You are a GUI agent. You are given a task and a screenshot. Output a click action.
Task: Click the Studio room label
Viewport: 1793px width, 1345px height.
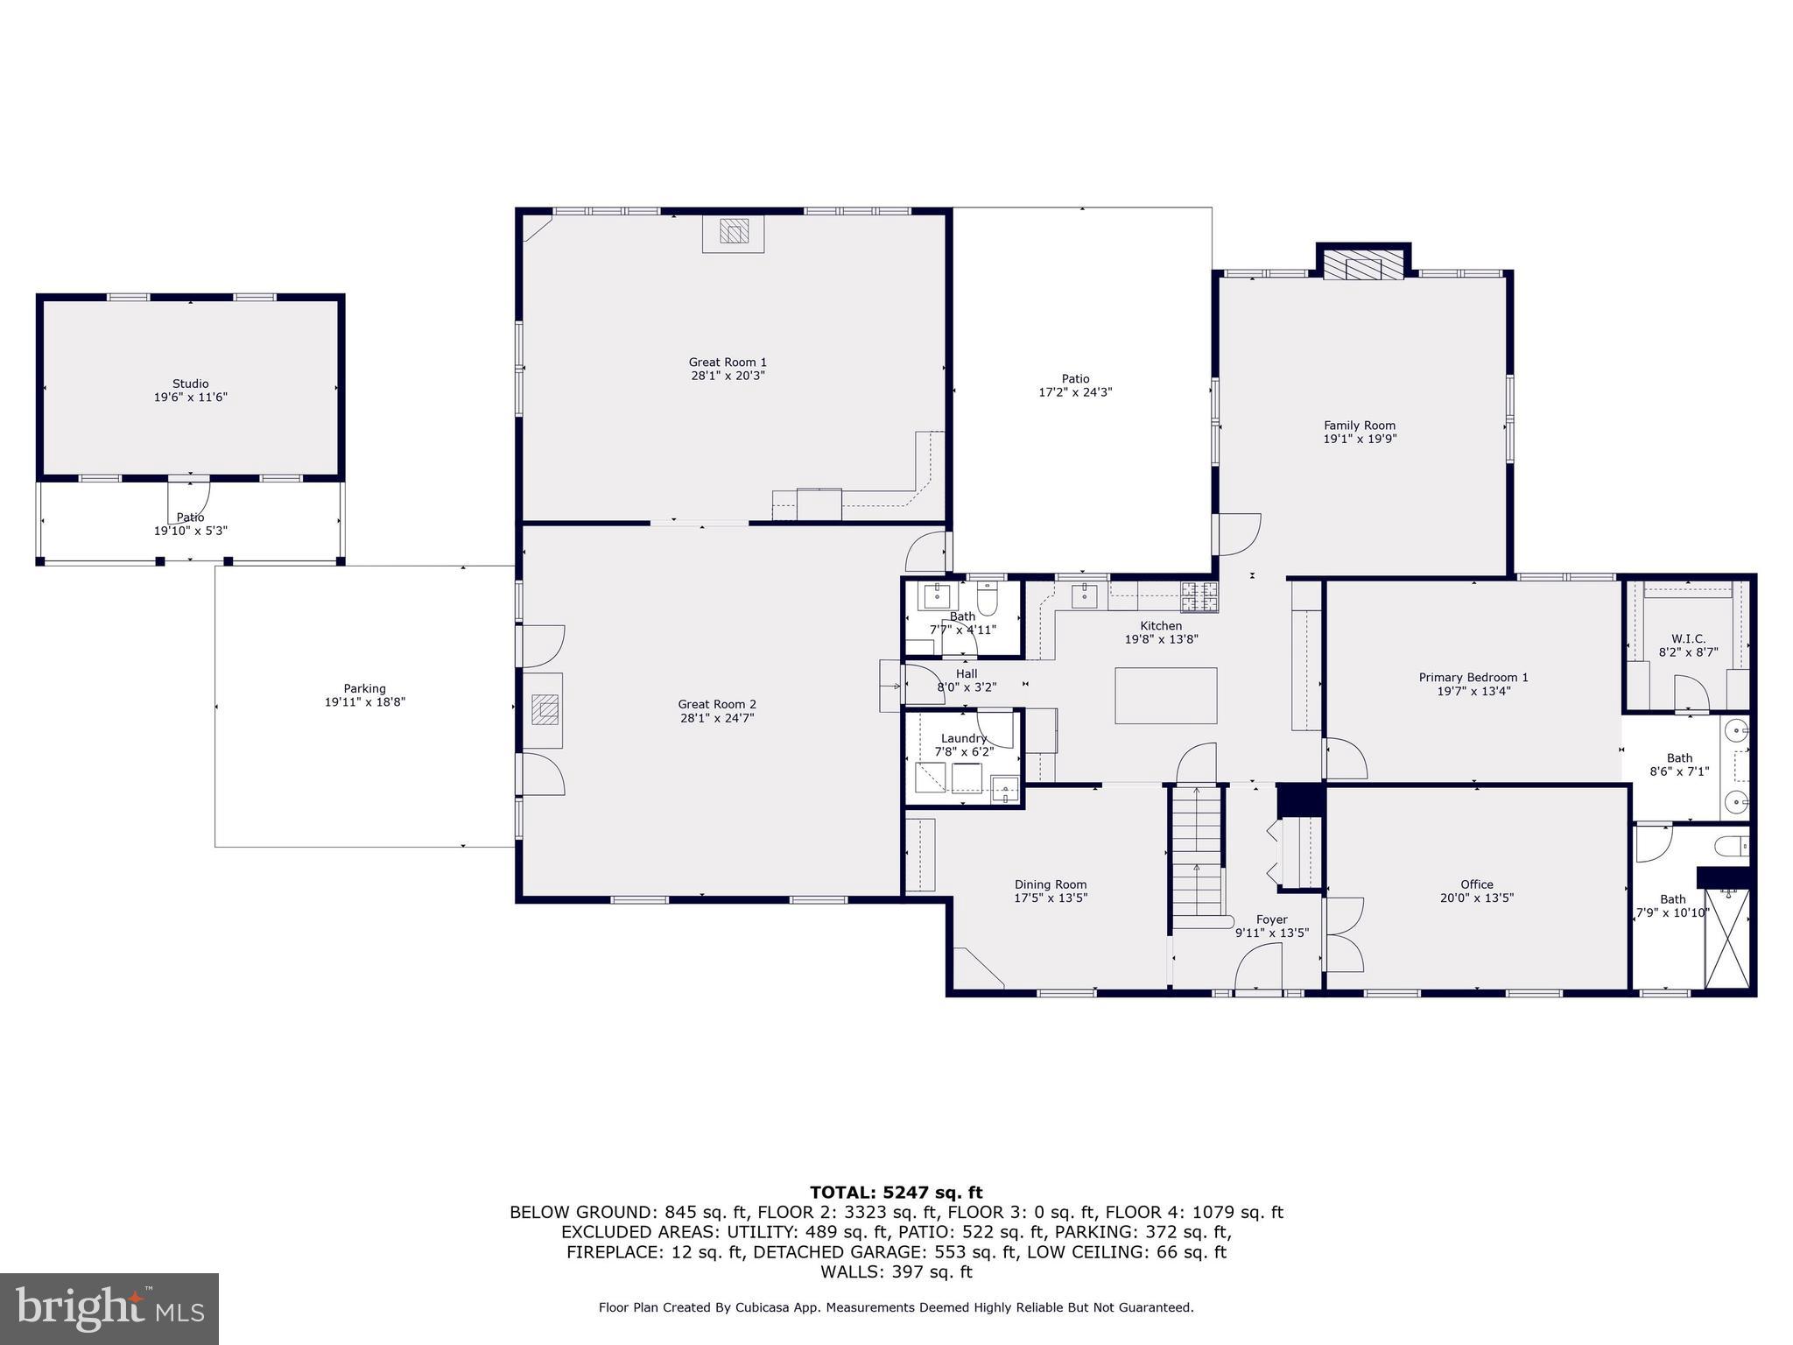[x=190, y=384]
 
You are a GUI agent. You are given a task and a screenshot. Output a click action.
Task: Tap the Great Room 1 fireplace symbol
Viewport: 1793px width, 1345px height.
[x=734, y=232]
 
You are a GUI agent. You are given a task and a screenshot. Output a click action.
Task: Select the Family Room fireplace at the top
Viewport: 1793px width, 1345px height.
[x=1363, y=266]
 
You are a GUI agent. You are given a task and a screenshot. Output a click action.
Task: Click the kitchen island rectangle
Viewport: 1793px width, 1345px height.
[x=1165, y=695]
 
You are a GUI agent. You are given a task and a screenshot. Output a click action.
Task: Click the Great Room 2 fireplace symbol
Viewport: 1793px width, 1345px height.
[x=546, y=709]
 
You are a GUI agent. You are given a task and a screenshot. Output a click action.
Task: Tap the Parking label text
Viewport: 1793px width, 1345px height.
[x=364, y=688]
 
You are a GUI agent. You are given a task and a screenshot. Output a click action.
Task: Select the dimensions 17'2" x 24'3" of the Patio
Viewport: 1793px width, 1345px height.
[x=1075, y=392]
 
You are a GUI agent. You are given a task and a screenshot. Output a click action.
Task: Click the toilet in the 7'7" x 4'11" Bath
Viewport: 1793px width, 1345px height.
[x=988, y=600]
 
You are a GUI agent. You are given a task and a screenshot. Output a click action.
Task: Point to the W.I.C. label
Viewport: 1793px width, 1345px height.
[x=1688, y=638]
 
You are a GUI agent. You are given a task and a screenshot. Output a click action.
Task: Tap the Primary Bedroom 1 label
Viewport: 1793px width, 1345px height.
[x=1473, y=677]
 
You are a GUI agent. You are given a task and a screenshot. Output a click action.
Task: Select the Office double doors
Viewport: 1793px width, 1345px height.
[x=1344, y=934]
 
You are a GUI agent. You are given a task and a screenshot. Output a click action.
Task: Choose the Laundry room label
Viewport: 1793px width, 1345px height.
[x=963, y=738]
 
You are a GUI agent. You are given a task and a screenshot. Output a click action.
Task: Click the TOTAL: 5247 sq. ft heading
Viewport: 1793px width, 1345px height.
[x=896, y=1192]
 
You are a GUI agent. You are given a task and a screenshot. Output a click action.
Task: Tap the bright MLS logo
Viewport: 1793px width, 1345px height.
[x=109, y=1308]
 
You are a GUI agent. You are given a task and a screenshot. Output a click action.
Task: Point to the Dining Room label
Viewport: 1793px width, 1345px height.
[x=1051, y=884]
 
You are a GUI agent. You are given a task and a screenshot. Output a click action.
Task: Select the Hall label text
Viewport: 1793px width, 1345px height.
[x=967, y=673]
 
